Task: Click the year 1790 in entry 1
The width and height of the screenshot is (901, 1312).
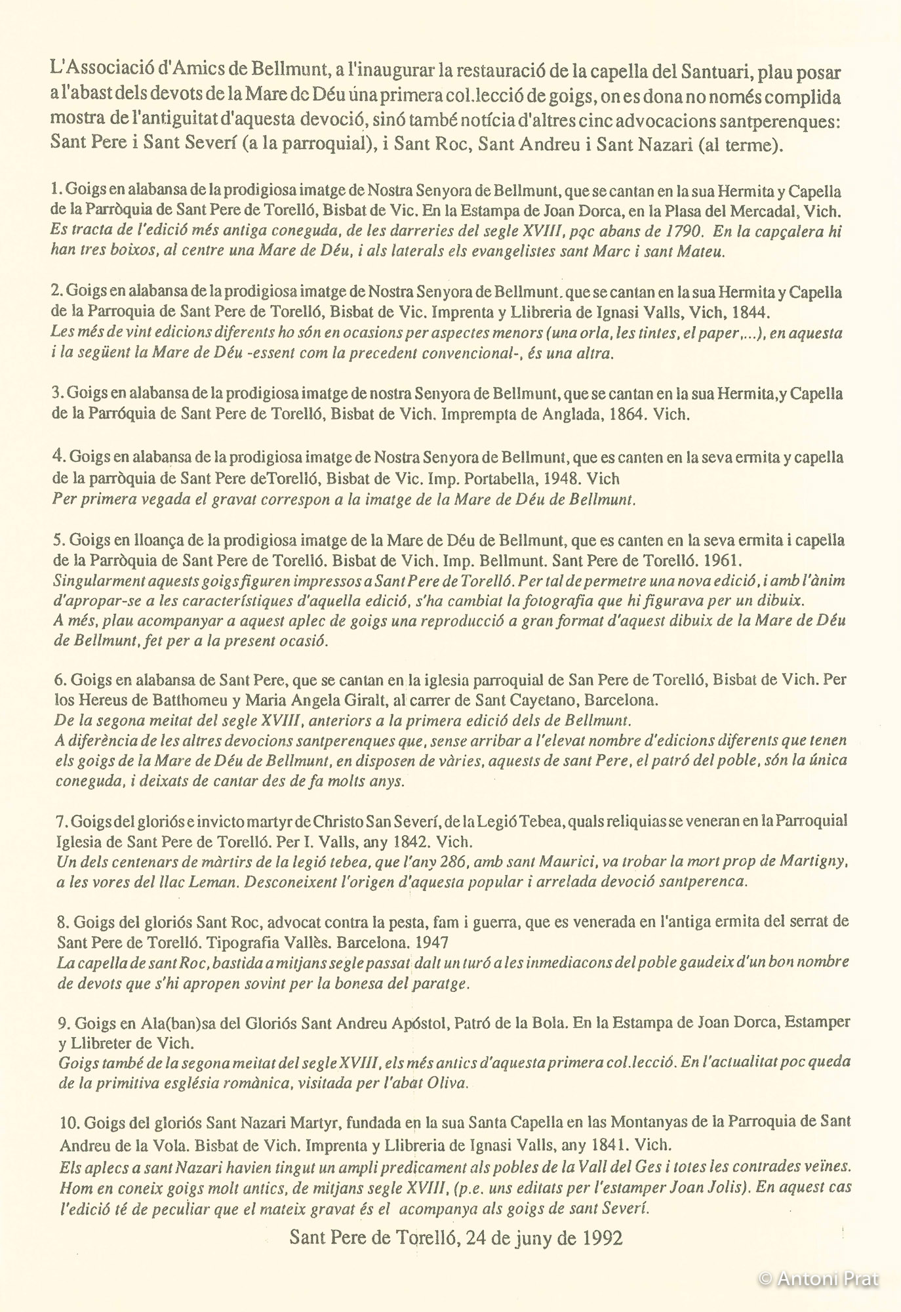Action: click(683, 232)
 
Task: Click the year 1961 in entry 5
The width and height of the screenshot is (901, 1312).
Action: click(723, 561)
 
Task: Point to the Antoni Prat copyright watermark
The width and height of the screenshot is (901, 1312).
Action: click(818, 1279)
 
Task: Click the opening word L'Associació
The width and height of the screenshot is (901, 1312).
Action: click(98, 70)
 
